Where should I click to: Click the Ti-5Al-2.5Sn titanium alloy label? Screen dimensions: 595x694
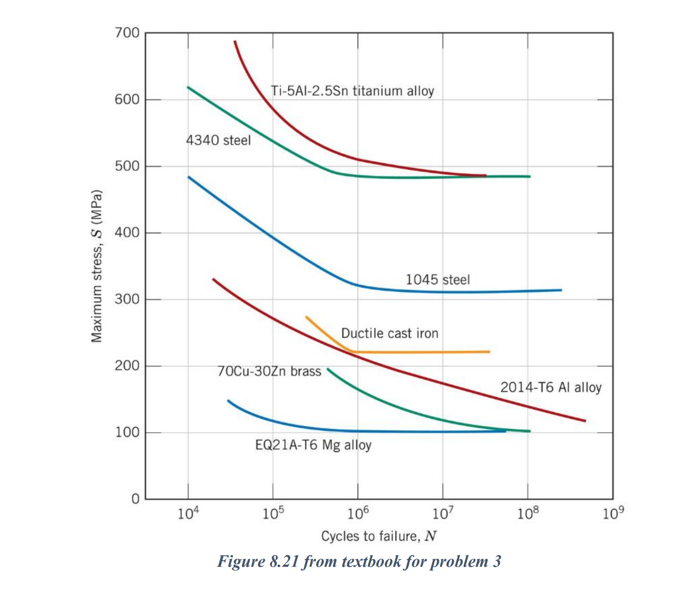[352, 91]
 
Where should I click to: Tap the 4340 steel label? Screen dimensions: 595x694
[218, 140]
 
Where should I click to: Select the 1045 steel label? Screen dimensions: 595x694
[437, 280]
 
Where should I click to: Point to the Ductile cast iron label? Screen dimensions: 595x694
[389, 333]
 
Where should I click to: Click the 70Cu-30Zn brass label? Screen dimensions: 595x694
[269, 371]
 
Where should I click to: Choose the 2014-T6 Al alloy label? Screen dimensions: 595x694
[551, 387]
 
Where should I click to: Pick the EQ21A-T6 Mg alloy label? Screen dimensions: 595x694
[313, 445]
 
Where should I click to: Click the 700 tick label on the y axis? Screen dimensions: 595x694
[127, 33]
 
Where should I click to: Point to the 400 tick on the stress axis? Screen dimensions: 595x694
[127, 233]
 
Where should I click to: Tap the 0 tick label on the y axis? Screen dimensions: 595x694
[135, 498]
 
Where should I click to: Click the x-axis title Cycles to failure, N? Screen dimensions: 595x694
[379, 536]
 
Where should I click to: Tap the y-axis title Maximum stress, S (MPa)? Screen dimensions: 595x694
[97, 266]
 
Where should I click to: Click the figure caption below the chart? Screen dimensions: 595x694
[359, 561]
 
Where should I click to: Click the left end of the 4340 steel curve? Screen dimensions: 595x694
[188, 88]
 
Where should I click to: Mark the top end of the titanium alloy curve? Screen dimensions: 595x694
[235, 41]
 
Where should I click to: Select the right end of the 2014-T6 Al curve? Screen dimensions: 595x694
[585, 421]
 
